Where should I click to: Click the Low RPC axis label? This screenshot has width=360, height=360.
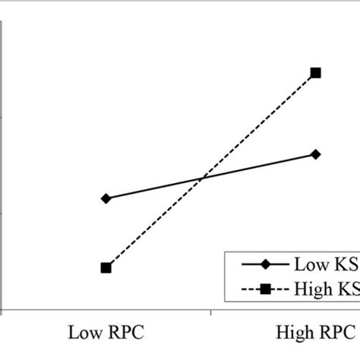(106, 333)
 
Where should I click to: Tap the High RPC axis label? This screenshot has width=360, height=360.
(314, 333)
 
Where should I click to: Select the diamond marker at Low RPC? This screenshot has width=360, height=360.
(106, 198)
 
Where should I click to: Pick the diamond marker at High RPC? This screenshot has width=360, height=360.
(316, 154)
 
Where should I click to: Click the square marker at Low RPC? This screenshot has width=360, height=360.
(106, 267)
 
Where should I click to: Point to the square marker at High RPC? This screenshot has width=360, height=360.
(316, 73)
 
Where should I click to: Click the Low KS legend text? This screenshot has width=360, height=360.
(325, 265)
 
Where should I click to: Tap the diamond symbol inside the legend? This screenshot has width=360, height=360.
(265, 265)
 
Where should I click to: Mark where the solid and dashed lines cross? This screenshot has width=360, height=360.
(202, 178)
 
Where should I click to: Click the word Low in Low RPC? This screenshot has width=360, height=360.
(83, 333)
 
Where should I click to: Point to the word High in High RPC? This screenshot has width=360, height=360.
(289, 333)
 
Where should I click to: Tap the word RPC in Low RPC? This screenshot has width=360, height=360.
(125, 333)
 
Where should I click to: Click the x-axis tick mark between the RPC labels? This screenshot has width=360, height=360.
(211, 312)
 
